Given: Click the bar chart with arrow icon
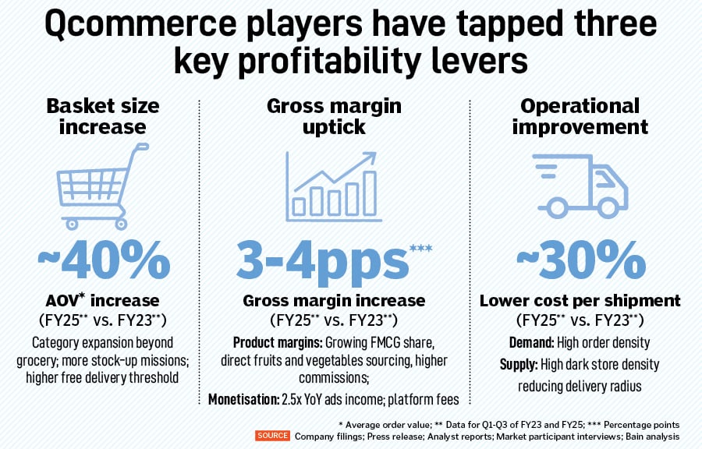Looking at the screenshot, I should click(x=334, y=184).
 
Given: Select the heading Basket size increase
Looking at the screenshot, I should click(x=102, y=116).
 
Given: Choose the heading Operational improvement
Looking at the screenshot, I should click(x=580, y=116).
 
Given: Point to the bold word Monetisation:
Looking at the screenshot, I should click(x=243, y=400).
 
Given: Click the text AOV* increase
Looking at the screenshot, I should click(x=103, y=301).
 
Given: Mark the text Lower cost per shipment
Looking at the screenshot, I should click(x=580, y=301).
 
